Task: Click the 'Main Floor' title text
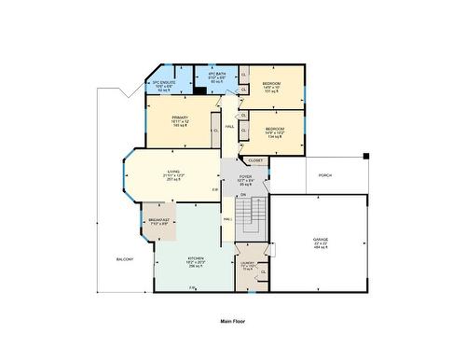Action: pos(233,320)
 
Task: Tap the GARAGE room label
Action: pos(320,240)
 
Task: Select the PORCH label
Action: pos(325,174)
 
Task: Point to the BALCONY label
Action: pos(125,258)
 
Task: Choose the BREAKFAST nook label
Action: pos(158,220)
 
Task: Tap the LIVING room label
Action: pos(173,173)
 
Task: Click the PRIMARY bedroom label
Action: pos(180,118)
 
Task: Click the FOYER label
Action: pos(245,176)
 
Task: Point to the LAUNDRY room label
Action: pos(248,263)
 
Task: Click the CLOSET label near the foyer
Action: pos(255,160)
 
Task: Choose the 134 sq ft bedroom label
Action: pos(274,130)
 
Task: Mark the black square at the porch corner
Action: pos(366,155)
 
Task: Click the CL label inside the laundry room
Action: pos(263,270)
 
